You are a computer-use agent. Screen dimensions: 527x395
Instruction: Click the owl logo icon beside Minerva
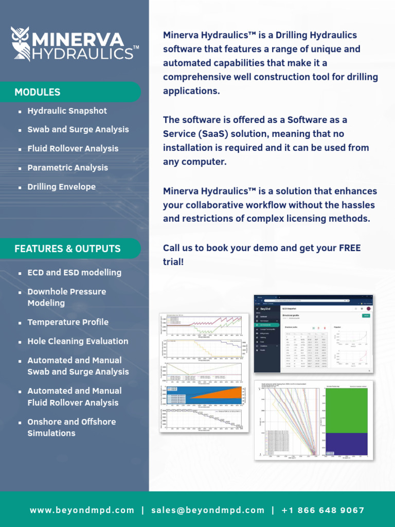[x=22, y=45]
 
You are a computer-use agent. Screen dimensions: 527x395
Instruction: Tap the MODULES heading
[x=38, y=93]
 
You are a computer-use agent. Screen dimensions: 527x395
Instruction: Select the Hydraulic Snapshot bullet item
[x=67, y=111]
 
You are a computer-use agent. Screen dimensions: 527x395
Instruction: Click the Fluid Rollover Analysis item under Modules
[x=73, y=149]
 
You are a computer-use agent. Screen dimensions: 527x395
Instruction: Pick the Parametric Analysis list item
[x=68, y=168]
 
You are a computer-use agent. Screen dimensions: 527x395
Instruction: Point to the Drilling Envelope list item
[x=62, y=187]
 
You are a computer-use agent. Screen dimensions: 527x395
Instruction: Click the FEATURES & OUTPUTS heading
[x=67, y=249]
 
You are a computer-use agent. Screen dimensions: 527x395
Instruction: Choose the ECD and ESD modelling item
[x=75, y=273]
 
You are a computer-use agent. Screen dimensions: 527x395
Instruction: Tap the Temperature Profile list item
[x=68, y=322]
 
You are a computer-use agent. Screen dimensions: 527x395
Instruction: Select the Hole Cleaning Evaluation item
[x=78, y=341]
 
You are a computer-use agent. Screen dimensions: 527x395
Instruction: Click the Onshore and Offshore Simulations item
[x=71, y=427]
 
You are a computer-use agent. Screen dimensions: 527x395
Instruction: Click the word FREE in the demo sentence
[x=350, y=248]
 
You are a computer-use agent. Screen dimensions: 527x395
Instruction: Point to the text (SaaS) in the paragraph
[x=208, y=134]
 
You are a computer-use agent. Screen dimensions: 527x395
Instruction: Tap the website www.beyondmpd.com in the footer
[x=82, y=511]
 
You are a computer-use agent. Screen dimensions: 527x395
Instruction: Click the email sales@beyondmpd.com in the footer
[x=208, y=511]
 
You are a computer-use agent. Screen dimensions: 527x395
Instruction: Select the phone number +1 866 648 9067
[x=323, y=511]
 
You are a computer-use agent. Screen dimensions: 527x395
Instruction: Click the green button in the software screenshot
[x=366, y=315]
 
